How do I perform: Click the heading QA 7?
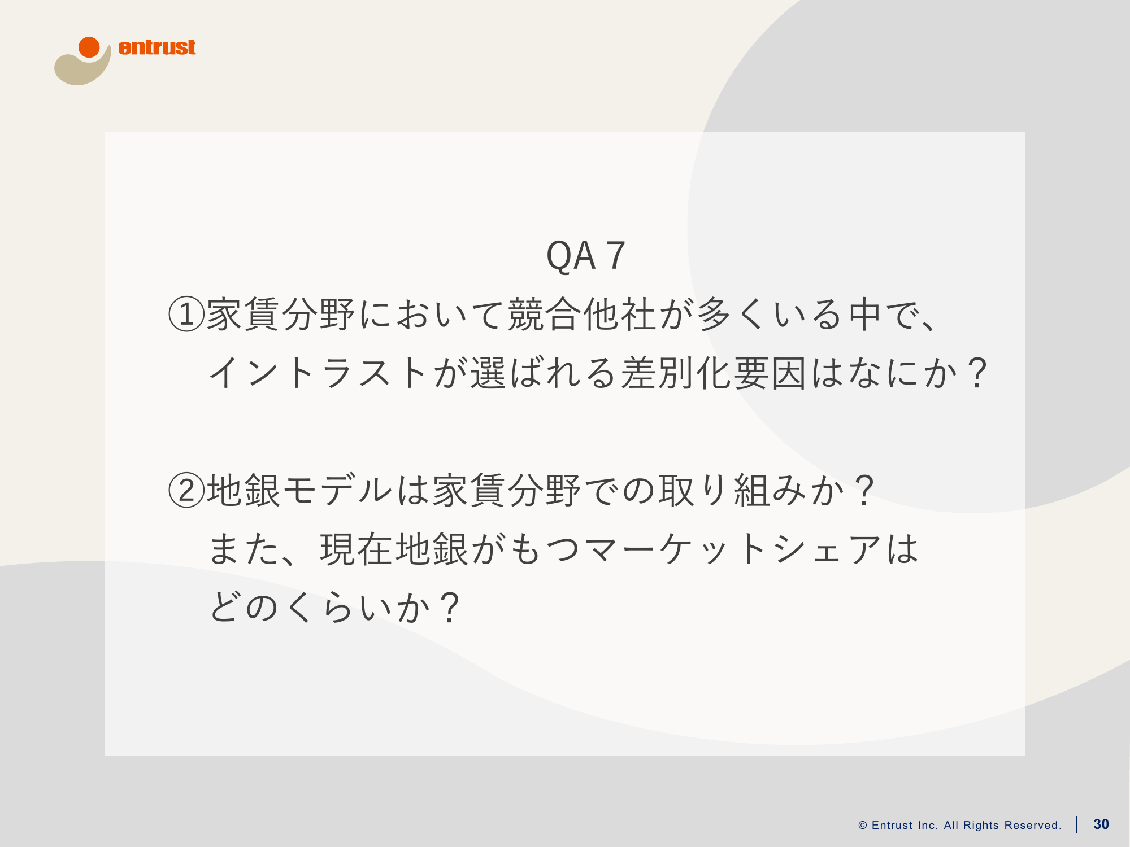tap(586, 256)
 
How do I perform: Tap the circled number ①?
tap(186, 314)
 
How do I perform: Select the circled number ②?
tap(186, 490)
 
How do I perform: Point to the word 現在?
tap(357, 549)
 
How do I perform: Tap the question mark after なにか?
tap(976, 373)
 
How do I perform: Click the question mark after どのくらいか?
tap(450, 608)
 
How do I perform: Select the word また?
tap(245, 549)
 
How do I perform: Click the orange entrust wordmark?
tap(157, 47)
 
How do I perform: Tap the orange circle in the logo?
tap(89, 47)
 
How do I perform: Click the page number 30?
tap(1101, 824)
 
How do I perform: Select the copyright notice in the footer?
tap(960, 826)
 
